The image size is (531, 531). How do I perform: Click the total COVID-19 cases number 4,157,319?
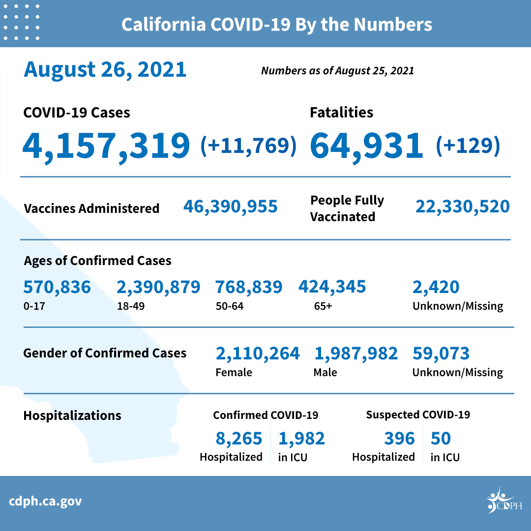[x=106, y=146]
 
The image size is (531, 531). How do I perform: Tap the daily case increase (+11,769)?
[x=249, y=146]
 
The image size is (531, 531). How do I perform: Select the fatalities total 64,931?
[x=367, y=146]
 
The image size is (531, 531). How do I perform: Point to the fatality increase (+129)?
[x=468, y=146]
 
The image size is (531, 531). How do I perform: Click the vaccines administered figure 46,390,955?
[x=231, y=206]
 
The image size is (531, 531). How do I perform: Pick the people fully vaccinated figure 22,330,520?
[x=463, y=206]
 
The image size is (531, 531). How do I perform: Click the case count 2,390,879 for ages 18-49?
[x=158, y=287]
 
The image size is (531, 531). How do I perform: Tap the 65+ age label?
[x=323, y=306]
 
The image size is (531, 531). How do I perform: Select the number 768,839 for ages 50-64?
[x=249, y=287]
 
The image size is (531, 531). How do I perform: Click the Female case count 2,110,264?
[x=258, y=353]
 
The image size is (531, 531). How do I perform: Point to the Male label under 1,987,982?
[x=325, y=372]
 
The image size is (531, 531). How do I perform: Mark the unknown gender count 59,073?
[x=441, y=353]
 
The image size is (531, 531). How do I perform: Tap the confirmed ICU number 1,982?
[x=302, y=438]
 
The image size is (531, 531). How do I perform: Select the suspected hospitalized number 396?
[x=400, y=438]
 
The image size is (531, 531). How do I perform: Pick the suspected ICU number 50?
[x=441, y=438]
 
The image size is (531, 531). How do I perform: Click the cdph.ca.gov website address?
[x=45, y=501]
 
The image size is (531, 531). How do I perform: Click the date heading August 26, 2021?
[x=105, y=69]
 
